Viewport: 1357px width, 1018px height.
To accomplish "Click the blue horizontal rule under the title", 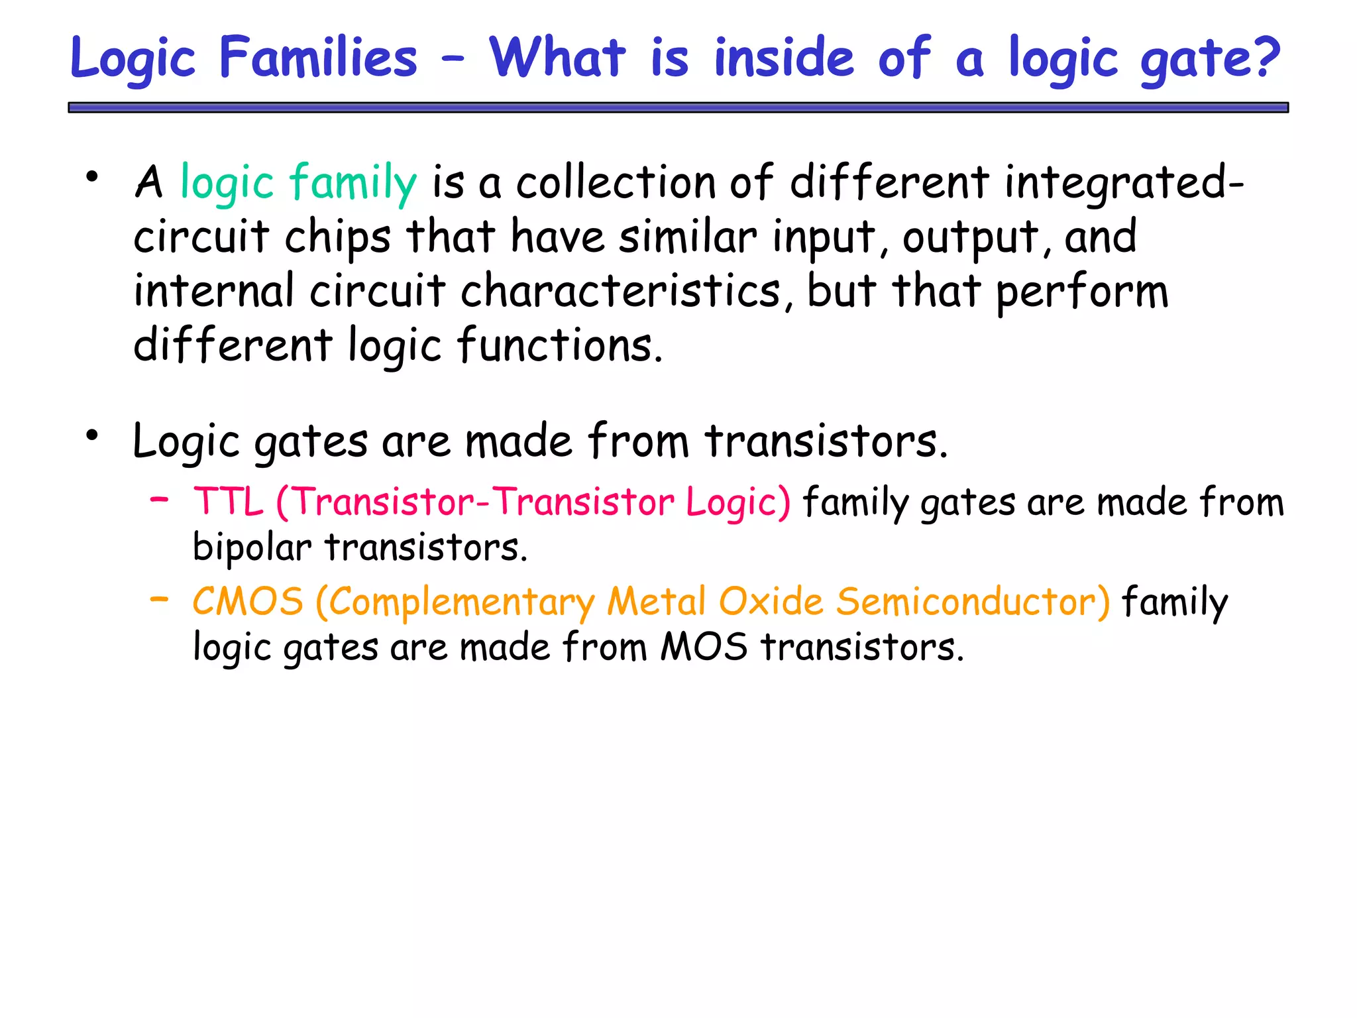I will [678, 107].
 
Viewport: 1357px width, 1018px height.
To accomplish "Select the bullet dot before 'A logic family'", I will [92, 176].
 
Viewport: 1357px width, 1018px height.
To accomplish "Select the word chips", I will [337, 237].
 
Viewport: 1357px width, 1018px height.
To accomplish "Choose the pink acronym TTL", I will [228, 501].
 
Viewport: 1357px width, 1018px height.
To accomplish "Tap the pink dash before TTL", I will [159, 499].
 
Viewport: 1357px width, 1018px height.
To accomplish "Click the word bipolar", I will [252, 549].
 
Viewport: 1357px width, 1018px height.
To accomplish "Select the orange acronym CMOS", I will [248, 602].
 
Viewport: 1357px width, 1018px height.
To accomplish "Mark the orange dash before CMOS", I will [159, 599].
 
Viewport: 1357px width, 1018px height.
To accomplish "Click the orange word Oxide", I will [771, 602].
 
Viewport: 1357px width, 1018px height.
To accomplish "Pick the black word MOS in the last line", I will [704, 647].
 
